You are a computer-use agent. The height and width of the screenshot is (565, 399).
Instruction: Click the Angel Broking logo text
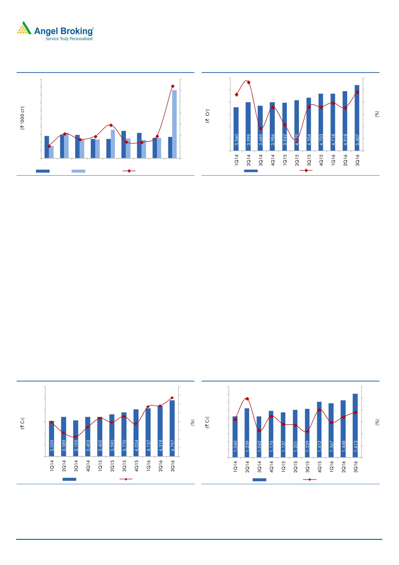coord(64,31)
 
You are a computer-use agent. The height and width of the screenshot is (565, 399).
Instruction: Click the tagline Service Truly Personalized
coord(69,39)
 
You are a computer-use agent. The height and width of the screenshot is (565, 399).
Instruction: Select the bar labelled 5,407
coord(357,118)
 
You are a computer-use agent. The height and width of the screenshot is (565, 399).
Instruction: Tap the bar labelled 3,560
coord(236,129)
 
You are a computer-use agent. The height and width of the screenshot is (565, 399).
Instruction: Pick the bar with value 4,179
coord(297,126)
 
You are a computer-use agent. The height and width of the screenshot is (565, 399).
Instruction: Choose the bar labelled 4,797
coord(172,428)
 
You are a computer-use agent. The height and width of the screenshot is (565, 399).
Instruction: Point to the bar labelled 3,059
coord(51,438)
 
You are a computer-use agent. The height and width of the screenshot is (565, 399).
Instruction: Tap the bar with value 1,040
coord(235,437)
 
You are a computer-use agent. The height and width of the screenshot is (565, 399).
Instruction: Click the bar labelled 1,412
coord(319,429)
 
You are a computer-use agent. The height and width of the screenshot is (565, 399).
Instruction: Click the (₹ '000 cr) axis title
coord(22,118)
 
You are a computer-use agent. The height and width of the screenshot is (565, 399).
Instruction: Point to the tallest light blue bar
coord(174,124)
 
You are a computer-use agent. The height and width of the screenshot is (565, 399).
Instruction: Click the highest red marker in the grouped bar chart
coord(173,86)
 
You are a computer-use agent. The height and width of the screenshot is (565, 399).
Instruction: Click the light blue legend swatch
coord(78,171)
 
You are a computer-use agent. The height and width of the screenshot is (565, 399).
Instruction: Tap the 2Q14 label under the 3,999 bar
coord(248,160)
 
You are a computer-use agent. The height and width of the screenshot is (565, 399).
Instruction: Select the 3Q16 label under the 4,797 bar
coord(172,466)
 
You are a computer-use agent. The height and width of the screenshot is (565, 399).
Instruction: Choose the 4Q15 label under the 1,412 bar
coord(320,466)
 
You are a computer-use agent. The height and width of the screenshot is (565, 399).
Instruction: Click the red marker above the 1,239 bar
coord(247,399)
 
